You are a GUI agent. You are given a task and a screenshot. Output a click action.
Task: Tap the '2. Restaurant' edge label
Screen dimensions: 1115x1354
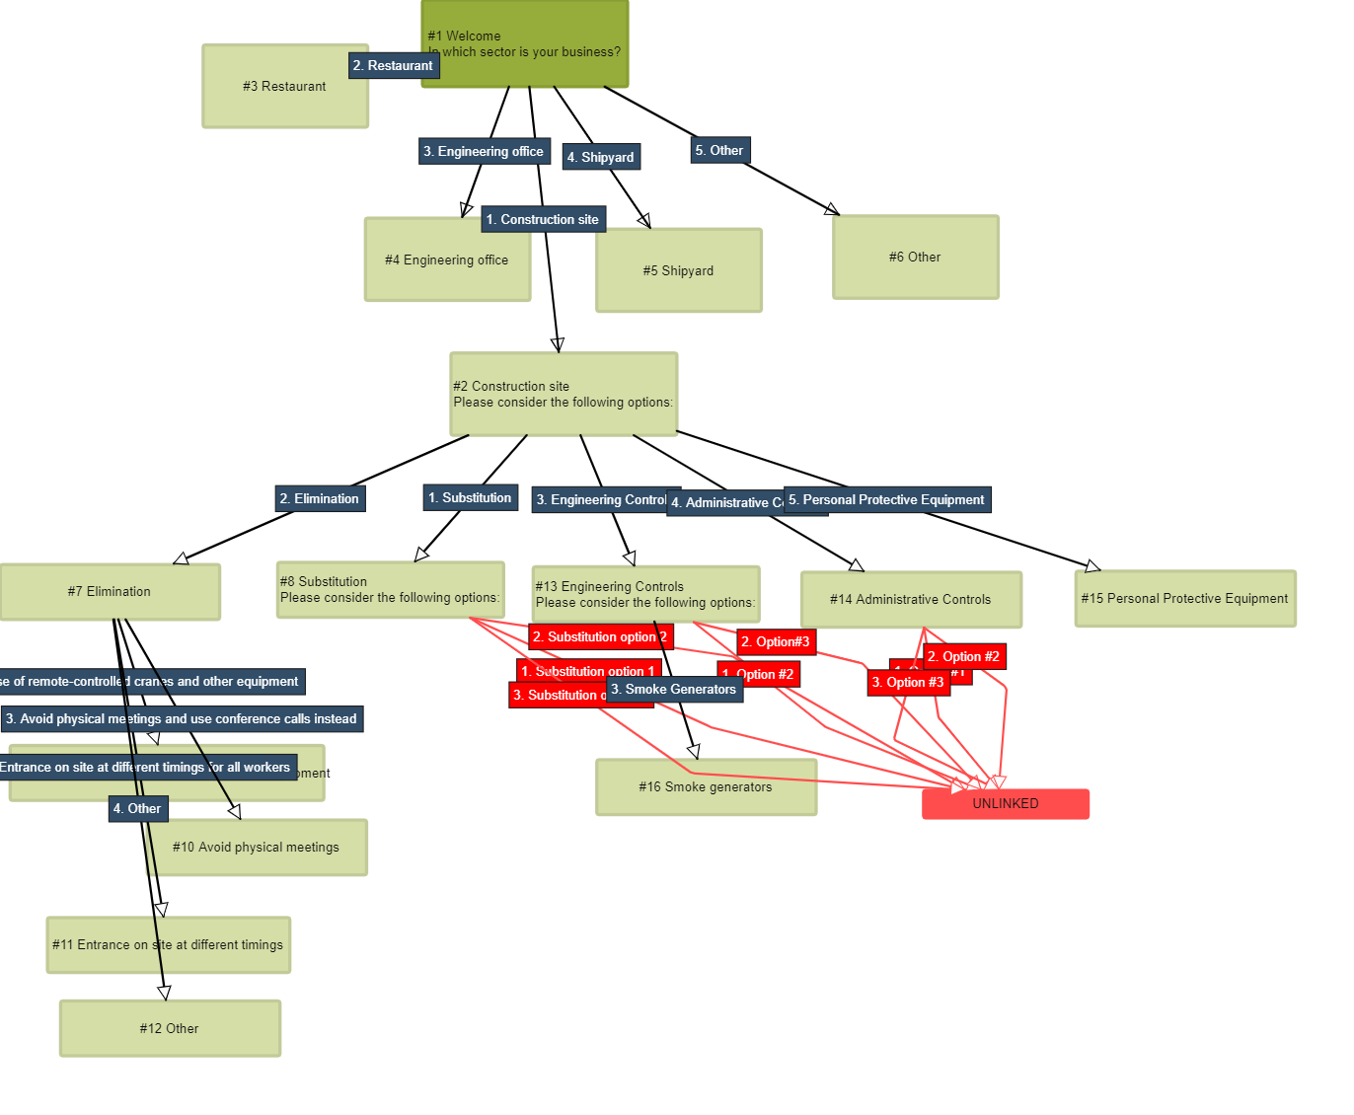pos(393,66)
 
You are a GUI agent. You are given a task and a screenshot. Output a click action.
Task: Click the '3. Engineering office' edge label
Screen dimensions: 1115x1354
pos(484,152)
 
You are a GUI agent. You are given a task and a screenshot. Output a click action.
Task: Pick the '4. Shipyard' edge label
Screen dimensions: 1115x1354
pos(601,158)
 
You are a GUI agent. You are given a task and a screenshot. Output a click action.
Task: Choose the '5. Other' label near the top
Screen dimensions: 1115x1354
pos(719,151)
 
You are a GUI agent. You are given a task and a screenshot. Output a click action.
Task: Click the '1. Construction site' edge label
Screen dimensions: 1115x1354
pos(543,220)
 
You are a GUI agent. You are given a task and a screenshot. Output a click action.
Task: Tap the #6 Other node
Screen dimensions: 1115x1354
pos(915,258)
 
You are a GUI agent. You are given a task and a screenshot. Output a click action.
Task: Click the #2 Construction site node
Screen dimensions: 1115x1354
pos(564,394)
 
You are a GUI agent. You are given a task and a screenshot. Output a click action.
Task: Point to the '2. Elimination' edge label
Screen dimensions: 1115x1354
pos(320,499)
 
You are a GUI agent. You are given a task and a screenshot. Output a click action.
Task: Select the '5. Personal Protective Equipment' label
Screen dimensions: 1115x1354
pos(887,500)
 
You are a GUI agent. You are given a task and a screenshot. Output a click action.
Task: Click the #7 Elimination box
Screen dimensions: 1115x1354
pos(110,592)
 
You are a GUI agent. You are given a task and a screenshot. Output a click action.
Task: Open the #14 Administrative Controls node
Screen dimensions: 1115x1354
pos(910,600)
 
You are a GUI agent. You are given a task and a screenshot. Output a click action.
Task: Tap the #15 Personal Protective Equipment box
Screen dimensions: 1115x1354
pos(1184,599)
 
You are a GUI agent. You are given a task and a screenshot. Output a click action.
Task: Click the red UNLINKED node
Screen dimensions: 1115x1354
pos(1006,804)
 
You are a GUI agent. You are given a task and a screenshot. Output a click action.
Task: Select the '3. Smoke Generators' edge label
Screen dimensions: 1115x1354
pos(674,690)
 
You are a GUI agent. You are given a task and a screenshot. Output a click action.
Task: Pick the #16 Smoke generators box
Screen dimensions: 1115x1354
pos(706,787)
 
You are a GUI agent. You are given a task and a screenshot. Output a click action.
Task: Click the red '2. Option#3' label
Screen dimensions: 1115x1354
pos(776,642)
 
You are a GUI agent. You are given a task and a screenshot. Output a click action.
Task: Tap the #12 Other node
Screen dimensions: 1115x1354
pos(170,1029)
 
